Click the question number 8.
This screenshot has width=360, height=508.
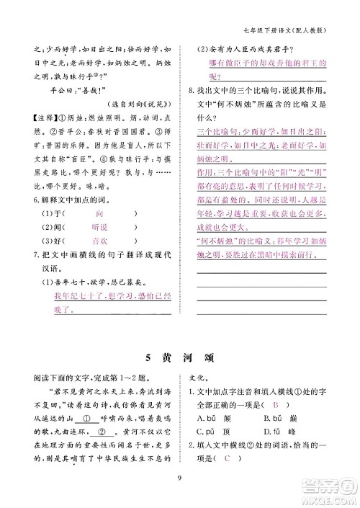coord(189,91)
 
